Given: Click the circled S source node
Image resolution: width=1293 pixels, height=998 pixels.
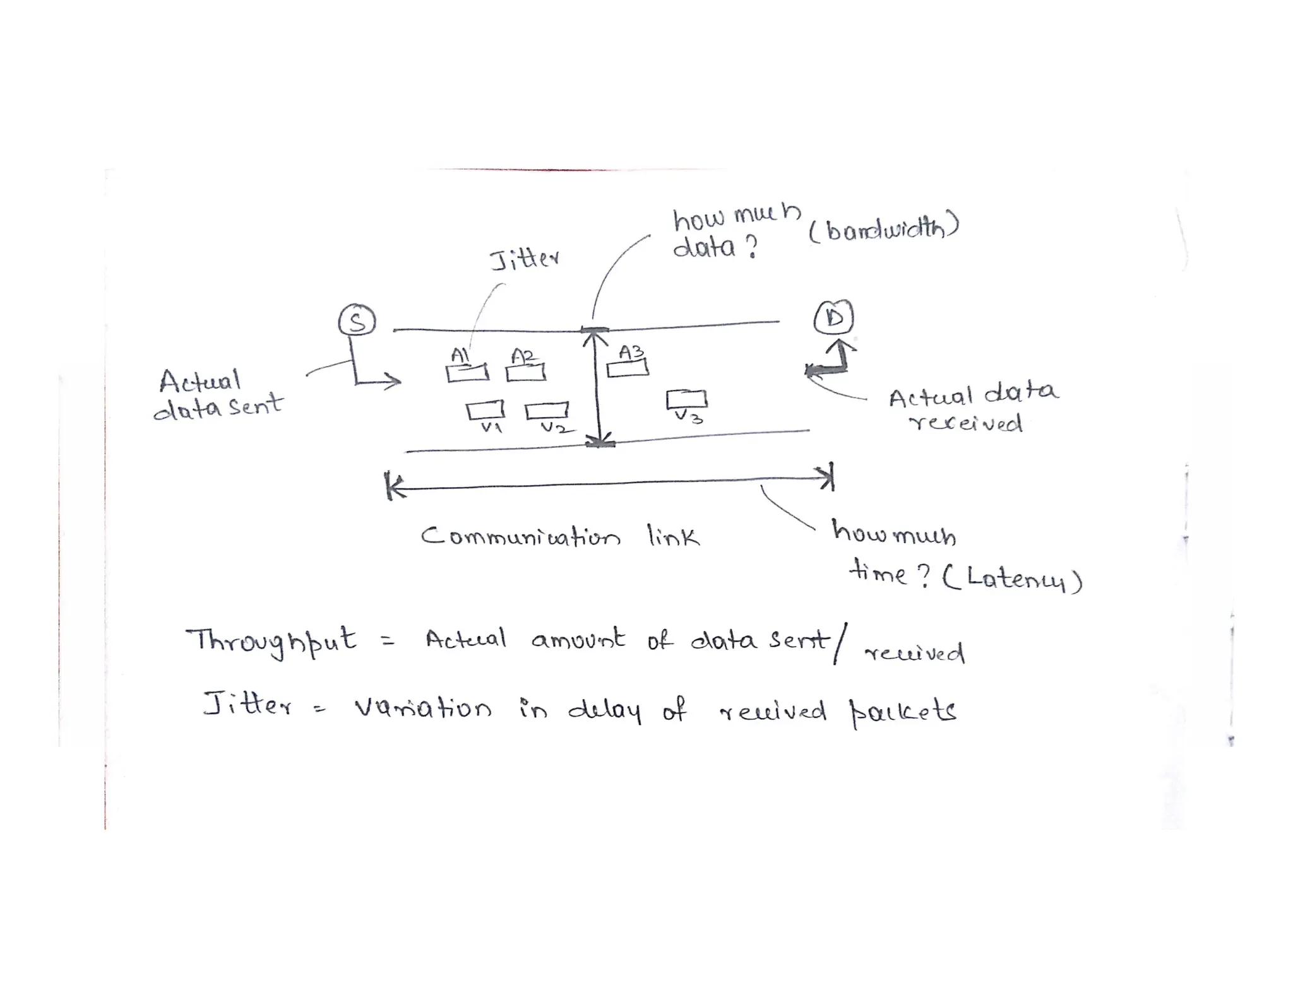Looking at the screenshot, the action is pos(357,321).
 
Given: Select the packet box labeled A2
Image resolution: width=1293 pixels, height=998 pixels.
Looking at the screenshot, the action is pos(526,373).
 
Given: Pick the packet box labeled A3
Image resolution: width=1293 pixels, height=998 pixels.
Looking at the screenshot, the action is pos(628,368).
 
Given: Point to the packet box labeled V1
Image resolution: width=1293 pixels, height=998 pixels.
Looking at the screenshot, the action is pos(485,411).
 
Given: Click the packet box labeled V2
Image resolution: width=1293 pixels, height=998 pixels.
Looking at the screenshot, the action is pos(547,411).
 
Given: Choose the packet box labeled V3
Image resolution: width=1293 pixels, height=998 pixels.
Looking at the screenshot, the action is pos(686,399).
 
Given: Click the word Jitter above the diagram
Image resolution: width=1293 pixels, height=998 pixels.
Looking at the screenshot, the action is pos(524,259).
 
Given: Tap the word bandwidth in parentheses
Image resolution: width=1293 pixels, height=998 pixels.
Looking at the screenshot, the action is pos(884,230).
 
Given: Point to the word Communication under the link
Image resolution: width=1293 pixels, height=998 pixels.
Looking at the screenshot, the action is pos(521,537).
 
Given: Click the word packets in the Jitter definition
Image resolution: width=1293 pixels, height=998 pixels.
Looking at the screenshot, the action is pos(903,712).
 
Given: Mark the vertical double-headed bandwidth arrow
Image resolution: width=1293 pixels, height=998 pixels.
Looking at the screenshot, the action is pos(597,386).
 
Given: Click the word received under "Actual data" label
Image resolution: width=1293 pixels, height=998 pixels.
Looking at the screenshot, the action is pos(965,423).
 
